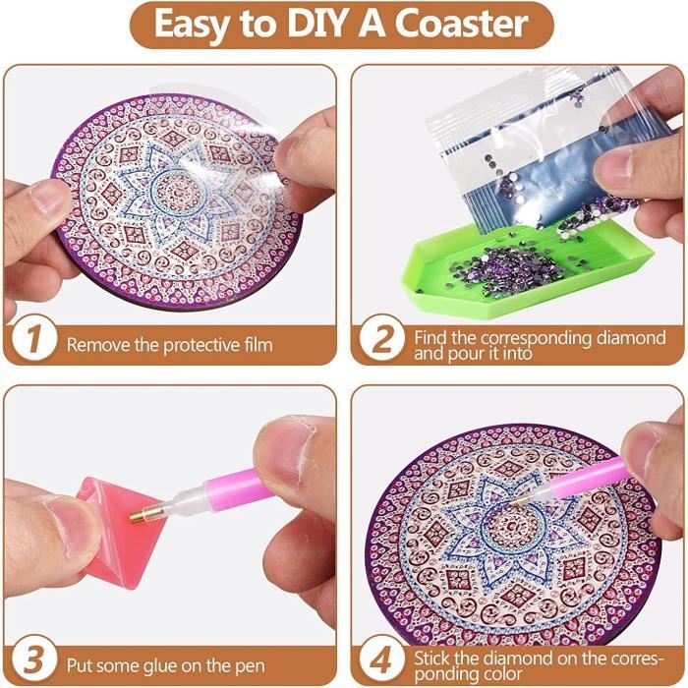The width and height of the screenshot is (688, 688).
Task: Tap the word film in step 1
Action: coord(255,344)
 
